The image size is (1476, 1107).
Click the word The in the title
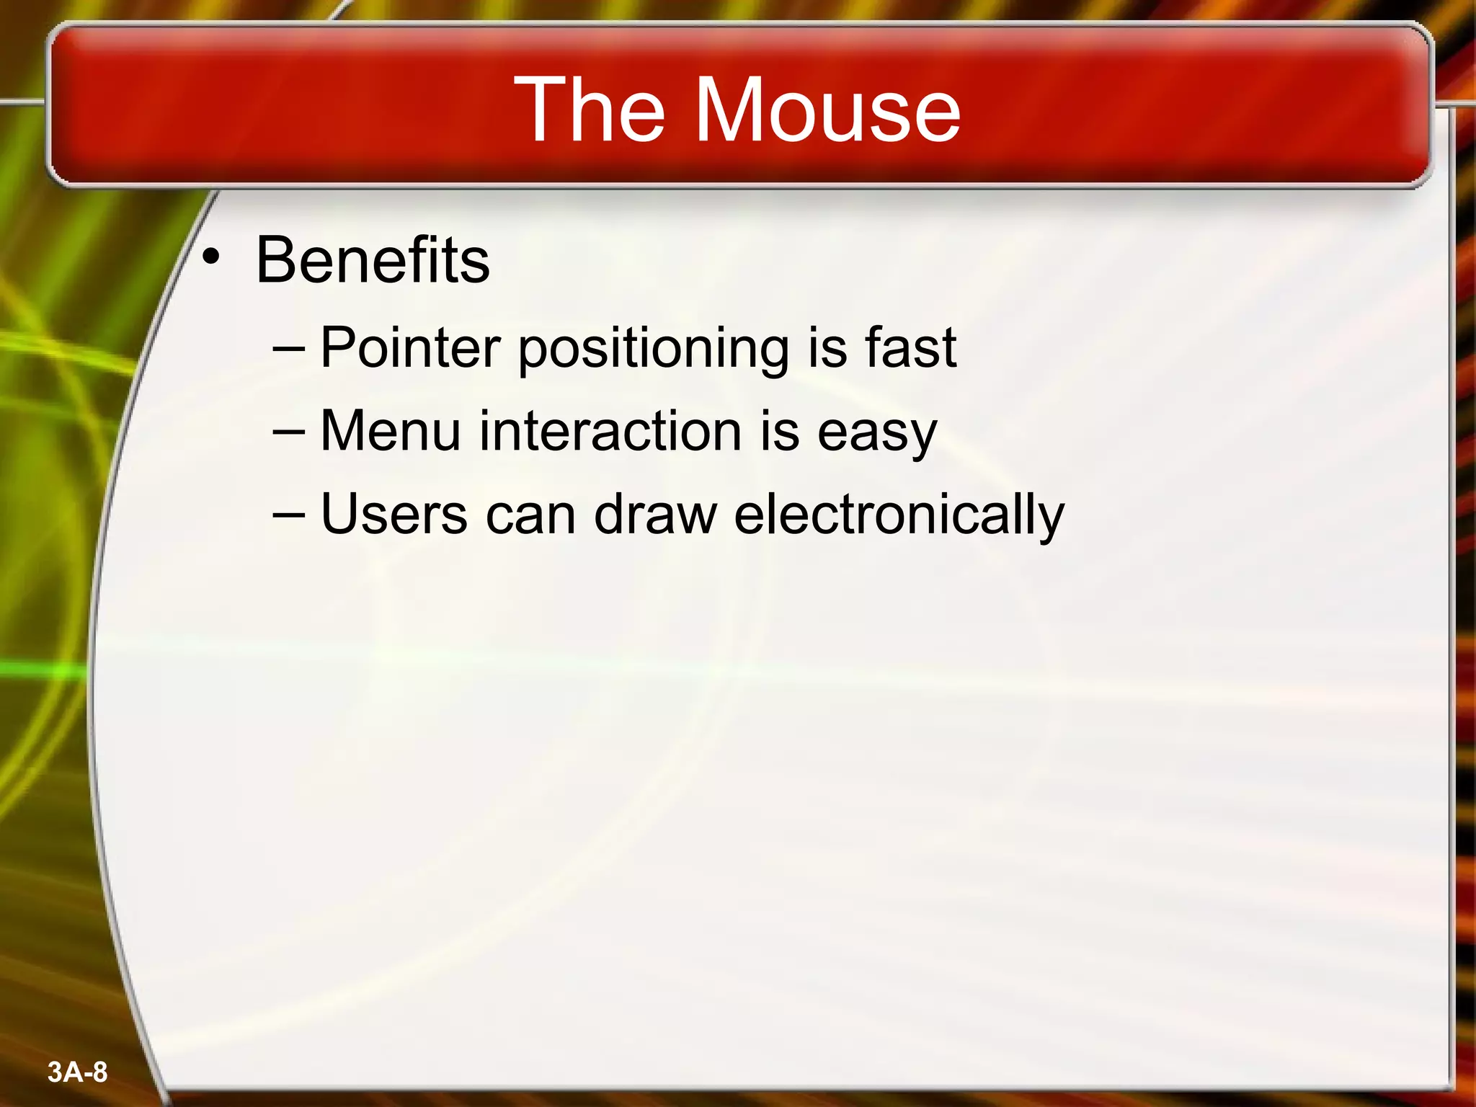tap(589, 110)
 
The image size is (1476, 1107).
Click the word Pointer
tap(410, 348)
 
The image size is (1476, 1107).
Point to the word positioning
tap(654, 350)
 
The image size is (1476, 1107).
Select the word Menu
tap(390, 431)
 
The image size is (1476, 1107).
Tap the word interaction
tap(610, 431)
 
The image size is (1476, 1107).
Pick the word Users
tap(394, 515)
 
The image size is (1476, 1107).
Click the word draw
tap(655, 515)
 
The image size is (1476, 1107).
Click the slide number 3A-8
tap(78, 1072)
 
